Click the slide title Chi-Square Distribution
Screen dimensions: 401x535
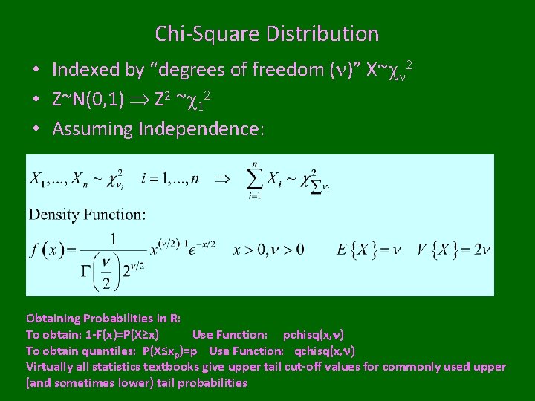tap(267, 34)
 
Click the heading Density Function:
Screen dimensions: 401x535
tap(88, 215)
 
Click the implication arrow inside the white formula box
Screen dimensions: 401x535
tap(221, 180)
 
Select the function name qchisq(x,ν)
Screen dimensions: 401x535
tap(325, 351)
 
